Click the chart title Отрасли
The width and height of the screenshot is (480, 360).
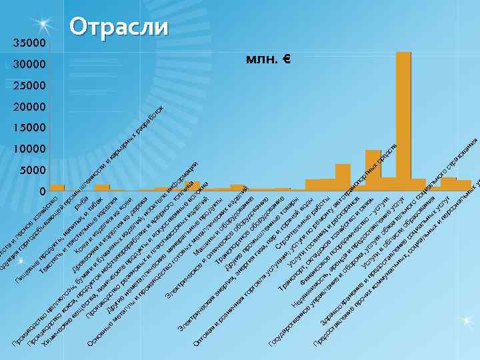(x=119, y=27)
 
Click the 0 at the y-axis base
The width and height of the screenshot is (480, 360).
(x=42, y=191)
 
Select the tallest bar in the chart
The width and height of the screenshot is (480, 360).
(x=403, y=120)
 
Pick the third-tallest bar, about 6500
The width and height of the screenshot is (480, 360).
(x=343, y=177)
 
